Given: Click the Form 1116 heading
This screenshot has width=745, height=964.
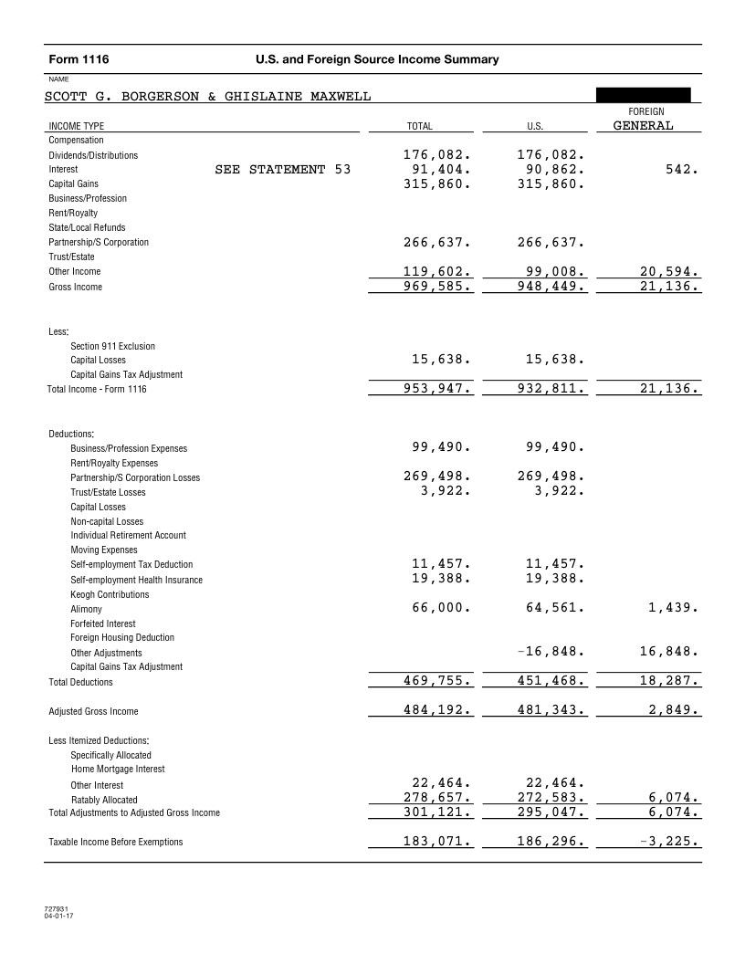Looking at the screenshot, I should tap(79, 60).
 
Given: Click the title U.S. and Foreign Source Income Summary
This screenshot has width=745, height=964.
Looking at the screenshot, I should tap(378, 60).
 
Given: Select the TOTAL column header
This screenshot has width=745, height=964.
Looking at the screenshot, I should tap(419, 126).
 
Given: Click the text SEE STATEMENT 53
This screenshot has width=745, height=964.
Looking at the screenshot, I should tap(282, 169).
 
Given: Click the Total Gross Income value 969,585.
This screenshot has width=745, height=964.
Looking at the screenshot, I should tap(436, 286).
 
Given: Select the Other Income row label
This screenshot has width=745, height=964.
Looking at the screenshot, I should tap(75, 271).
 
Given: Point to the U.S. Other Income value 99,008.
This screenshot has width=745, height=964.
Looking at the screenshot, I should tap(550, 271).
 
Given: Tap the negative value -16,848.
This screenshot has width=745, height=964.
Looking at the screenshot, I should tap(545, 652).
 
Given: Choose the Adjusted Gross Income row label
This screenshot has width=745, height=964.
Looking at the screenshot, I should tap(93, 711).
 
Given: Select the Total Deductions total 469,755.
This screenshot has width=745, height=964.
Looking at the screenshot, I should tap(436, 681).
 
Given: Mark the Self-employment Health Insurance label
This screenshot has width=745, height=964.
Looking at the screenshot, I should tap(136, 580).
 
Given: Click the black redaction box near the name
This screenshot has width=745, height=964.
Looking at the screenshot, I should tap(643, 96).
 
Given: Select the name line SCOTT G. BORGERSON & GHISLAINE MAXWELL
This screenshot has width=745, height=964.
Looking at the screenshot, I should tap(207, 97).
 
